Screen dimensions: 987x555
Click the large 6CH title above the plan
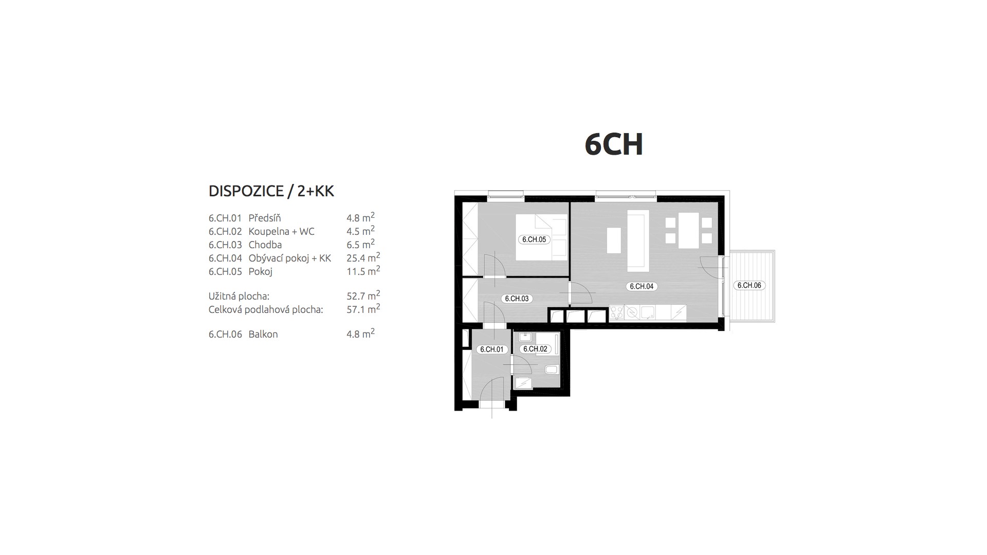pyautogui.click(x=614, y=144)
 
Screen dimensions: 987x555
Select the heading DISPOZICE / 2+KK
pyautogui.click(x=271, y=191)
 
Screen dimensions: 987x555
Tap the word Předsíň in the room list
pyautogui.click(x=265, y=218)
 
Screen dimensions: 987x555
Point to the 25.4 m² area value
pyautogui.click(x=363, y=257)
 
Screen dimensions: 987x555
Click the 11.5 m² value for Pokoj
pyautogui.click(x=363, y=271)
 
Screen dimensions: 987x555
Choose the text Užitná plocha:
pyautogui.click(x=239, y=296)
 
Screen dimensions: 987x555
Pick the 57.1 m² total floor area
pyautogui.click(x=363, y=309)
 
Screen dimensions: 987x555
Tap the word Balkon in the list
pyautogui.click(x=263, y=334)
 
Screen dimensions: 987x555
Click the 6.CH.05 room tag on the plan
pyautogui.click(x=534, y=239)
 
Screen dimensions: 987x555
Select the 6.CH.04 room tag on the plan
pyautogui.click(x=642, y=286)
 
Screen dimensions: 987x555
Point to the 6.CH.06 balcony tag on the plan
pyautogui.click(x=749, y=285)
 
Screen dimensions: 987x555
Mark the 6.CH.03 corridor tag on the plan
pyautogui.click(x=517, y=299)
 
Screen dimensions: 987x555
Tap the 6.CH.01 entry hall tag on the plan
pyautogui.click(x=492, y=349)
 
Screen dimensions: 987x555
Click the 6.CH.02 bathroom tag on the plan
pyautogui.click(x=535, y=349)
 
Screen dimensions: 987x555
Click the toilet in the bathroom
pyautogui.click(x=551, y=369)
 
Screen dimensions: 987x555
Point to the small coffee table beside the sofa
pyautogui.click(x=614, y=240)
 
